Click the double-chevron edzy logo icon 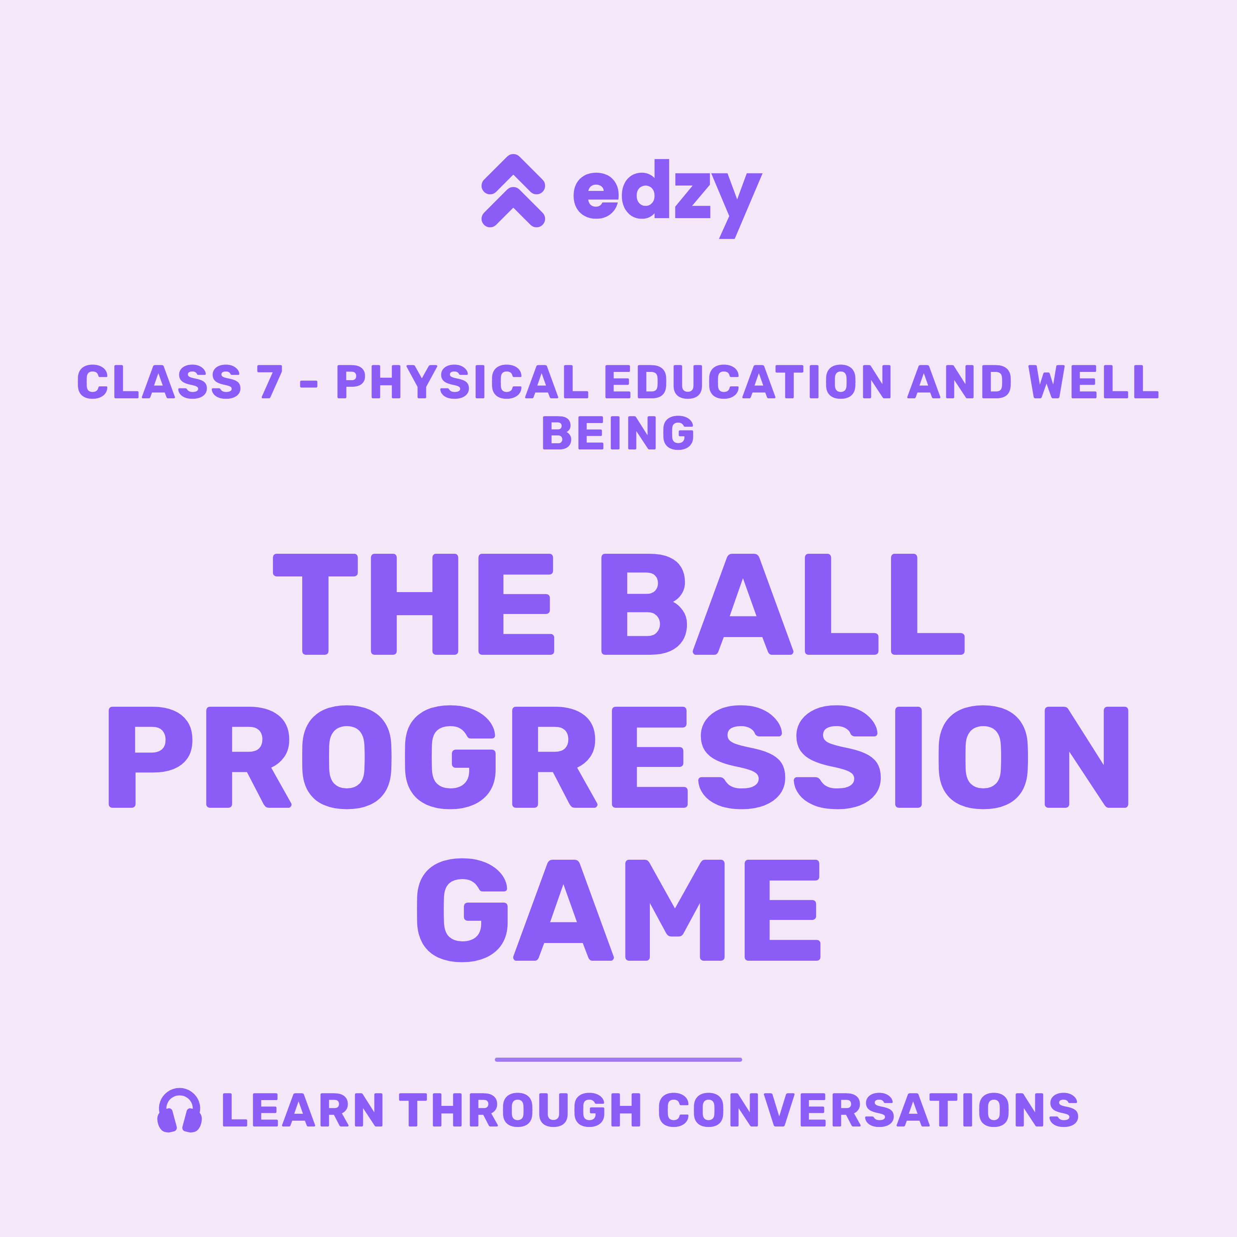pyautogui.click(x=513, y=191)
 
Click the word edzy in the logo pyautogui.click(x=668, y=198)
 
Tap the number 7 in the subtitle pyautogui.click(x=270, y=381)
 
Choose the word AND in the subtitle pyautogui.click(x=959, y=381)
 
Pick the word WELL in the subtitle pyautogui.click(x=1094, y=381)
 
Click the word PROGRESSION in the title pyautogui.click(x=618, y=757)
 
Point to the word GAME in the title pyautogui.click(x=618, y=910)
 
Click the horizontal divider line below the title pyautogui.click(x=618, y=1060)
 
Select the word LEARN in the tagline pyautogui.click(x=302, y=1110)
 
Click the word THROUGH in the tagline pyautogui.click(x=520, y=1110)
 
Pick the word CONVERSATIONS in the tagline pyautogui.click(x=869, y=1110)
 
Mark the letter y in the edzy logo pyautogui.click(x=737, y=206)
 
